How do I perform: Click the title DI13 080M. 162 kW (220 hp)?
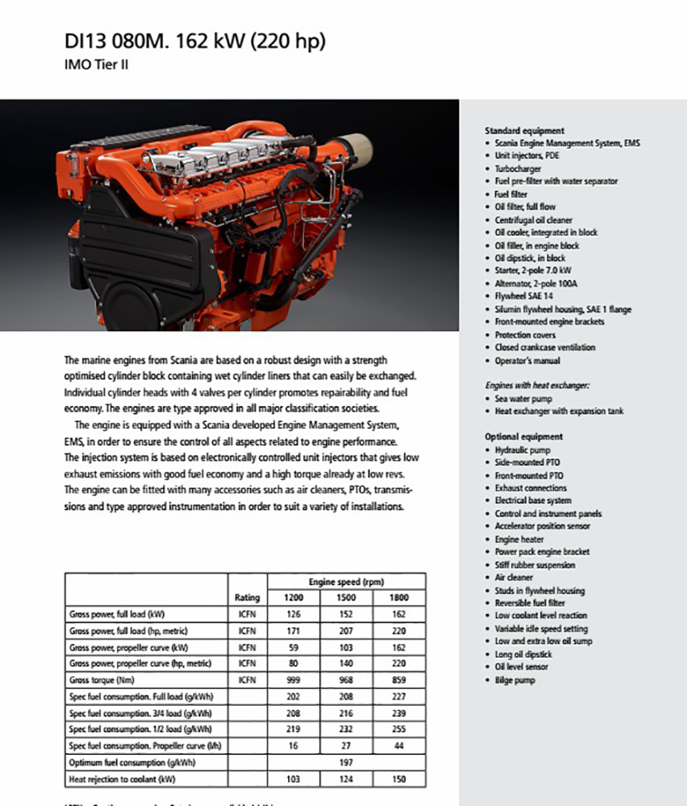[x=195, y=41]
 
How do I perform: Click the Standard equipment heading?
[x=524, y=131]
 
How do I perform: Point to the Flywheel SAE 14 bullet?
[x=524, y=296]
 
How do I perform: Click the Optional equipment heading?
[x=523, y=436]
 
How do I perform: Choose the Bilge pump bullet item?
[x=515, y=680]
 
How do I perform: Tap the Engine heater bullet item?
[x=519, y=540]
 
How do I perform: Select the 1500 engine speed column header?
[x=346, y=597]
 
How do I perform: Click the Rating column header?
[x=247, y=597]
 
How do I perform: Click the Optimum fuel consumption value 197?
[x=346, y=763]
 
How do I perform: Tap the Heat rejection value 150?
[x=399, y=780]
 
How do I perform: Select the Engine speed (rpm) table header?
[x=346, y=582]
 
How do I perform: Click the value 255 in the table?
[x=399, y=730]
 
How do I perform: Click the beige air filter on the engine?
[x=355, y=151]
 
